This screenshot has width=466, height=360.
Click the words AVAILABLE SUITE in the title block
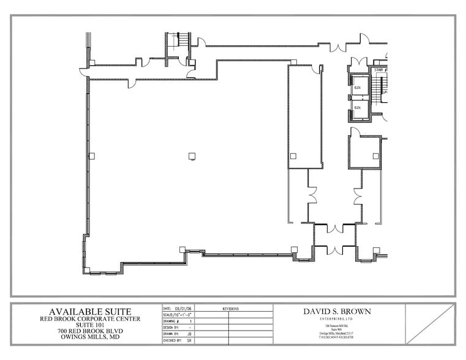(86, 312)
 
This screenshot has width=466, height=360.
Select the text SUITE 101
(86, 325)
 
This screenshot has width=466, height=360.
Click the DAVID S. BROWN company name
(337, 311)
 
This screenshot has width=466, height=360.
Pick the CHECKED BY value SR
(189, 339)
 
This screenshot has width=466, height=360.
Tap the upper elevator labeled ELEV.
(358, 87)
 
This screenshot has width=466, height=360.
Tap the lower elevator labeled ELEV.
(358, 107)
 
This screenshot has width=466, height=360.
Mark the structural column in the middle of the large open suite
(192, 156)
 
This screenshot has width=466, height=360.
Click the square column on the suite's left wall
(91, 156)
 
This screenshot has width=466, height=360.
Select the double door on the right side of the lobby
(358, 196)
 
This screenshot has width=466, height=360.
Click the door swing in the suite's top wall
(132, 83)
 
